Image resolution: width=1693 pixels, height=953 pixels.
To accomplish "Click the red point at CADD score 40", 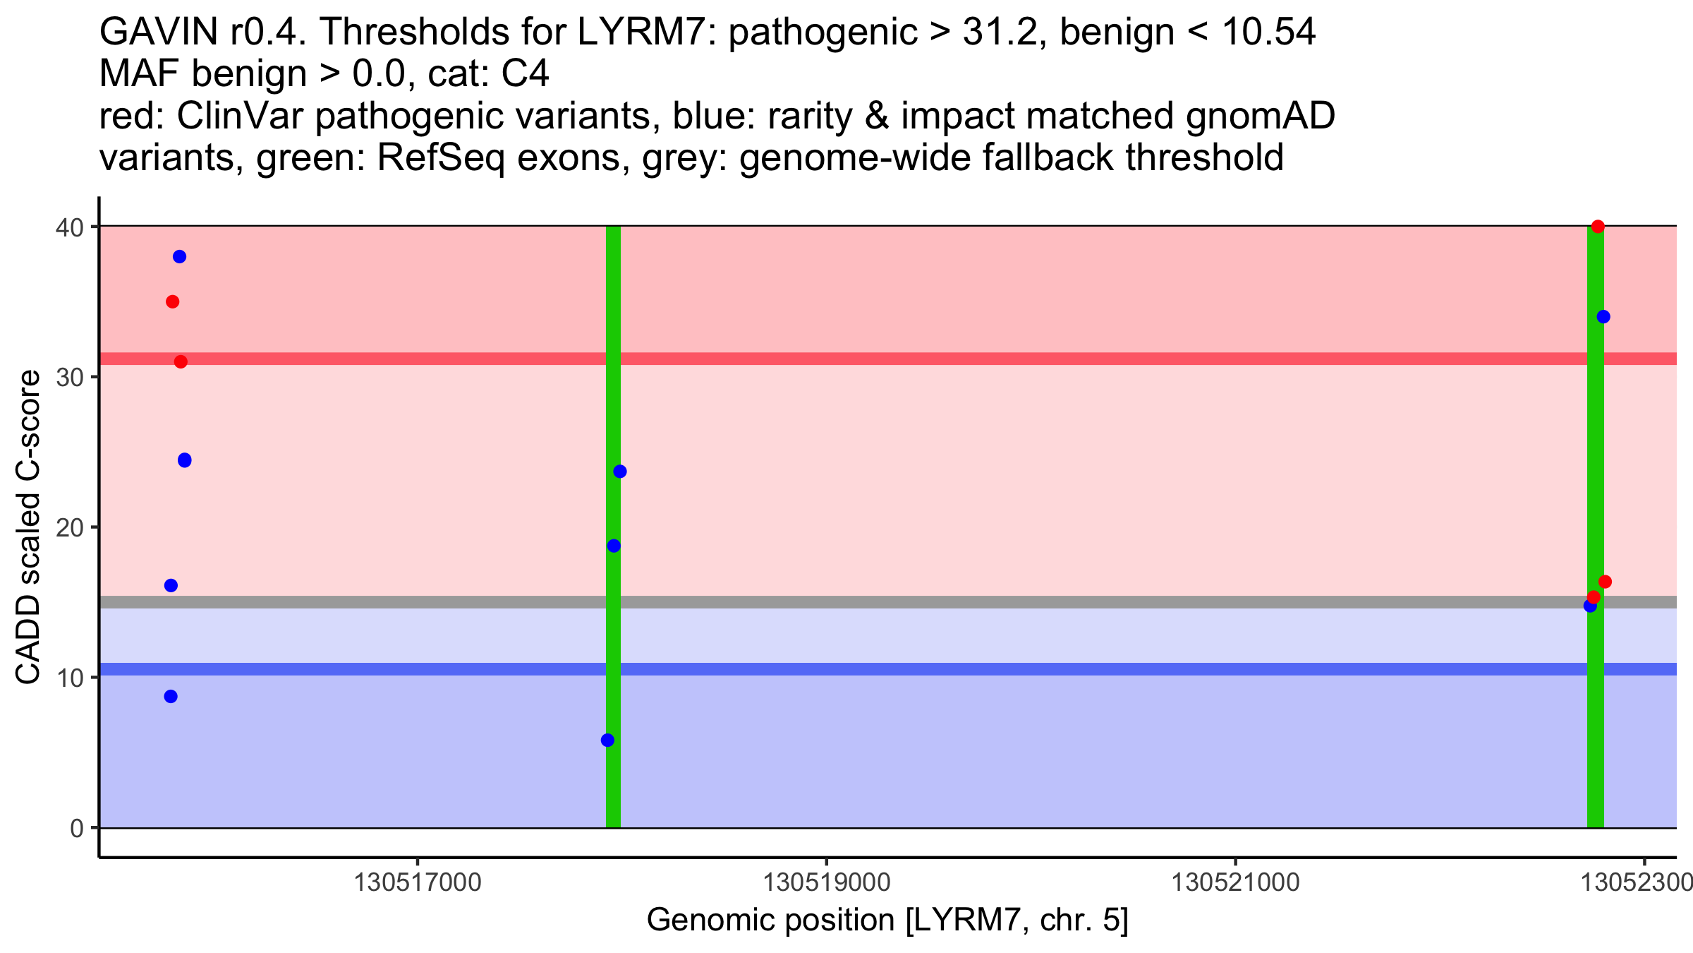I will coord(1598,227).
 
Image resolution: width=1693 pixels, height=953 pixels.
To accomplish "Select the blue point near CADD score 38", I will coord(179,256).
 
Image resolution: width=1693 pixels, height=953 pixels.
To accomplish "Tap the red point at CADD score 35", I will coord(172,302).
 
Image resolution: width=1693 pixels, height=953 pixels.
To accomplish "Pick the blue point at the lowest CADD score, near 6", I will coord(607,740).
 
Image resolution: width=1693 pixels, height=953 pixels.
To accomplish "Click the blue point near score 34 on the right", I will coord(1603,317).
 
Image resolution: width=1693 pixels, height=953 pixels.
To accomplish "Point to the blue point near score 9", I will coord(171,697).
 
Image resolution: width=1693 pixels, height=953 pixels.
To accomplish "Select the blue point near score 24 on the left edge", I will coord(185,460).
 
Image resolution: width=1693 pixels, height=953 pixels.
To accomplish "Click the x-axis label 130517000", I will coord(418,883).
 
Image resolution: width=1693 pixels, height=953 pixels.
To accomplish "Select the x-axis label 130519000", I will coord(827,883).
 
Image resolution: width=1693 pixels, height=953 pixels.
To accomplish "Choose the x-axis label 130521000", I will coord(1235,883).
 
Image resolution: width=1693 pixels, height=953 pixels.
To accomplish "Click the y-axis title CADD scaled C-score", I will coord(28,527).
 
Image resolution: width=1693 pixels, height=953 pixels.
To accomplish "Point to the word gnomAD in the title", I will coord(1260,116).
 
